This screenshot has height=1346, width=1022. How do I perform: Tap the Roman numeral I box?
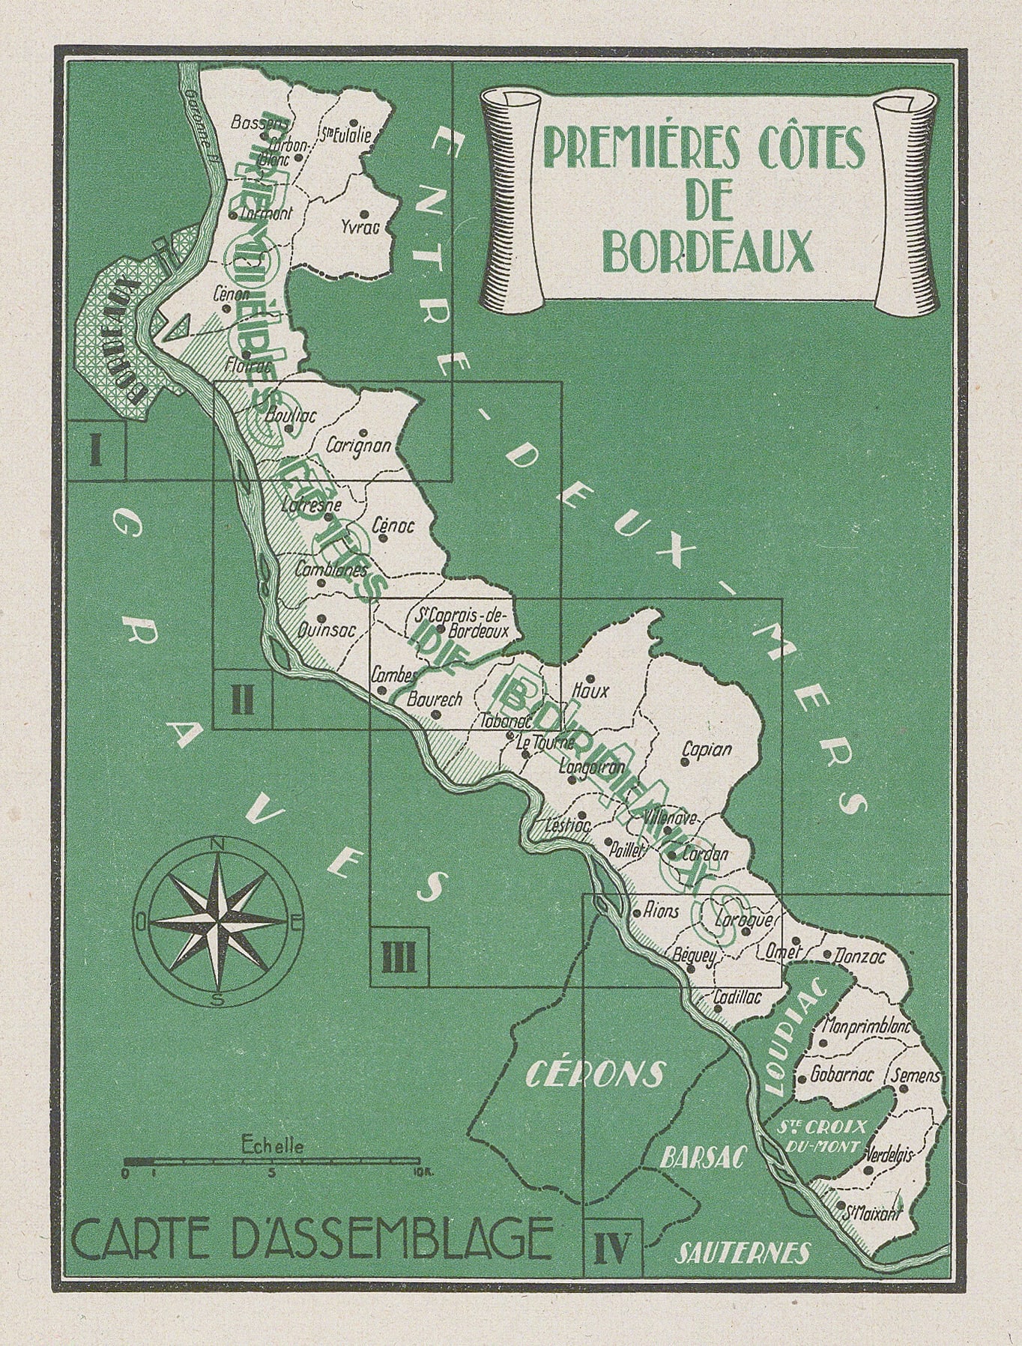(x=94, y=451)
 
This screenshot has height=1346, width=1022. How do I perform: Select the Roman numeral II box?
(x=242, y=700)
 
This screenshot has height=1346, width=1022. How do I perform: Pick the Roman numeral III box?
(x=399, y=957)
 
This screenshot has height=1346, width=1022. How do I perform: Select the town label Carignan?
(x=359, y=446)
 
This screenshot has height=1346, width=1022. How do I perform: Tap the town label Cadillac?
(x=738, y=997)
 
